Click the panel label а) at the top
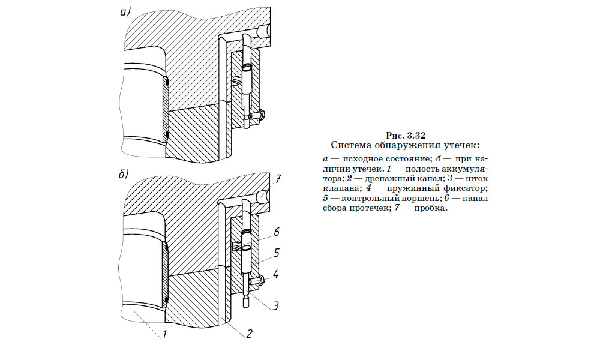click(125, 11)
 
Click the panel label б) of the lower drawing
click(123, 174)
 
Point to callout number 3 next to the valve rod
click(274, 306)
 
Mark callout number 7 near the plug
click(278, 179)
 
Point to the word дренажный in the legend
click(378, 179)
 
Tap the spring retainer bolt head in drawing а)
click(262, 113)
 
